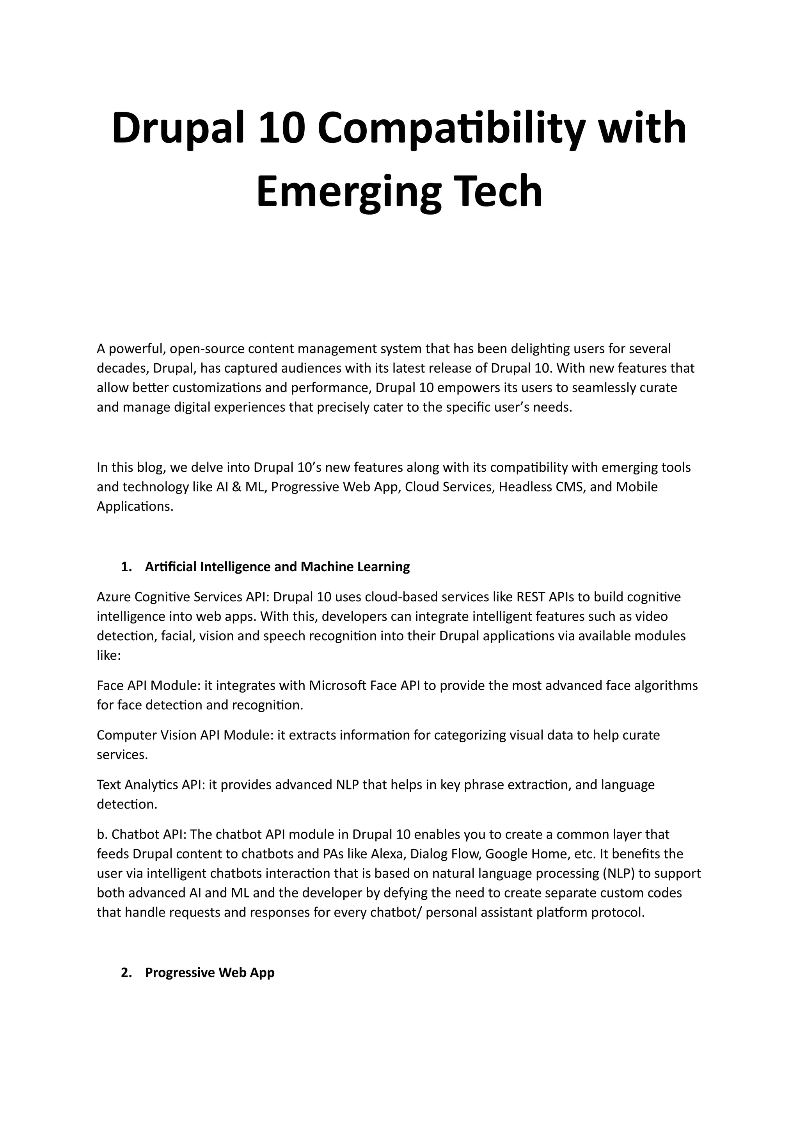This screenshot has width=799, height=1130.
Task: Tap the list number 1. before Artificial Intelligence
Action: tap(126, 567)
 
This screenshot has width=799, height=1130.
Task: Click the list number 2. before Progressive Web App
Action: tap(126, 973)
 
